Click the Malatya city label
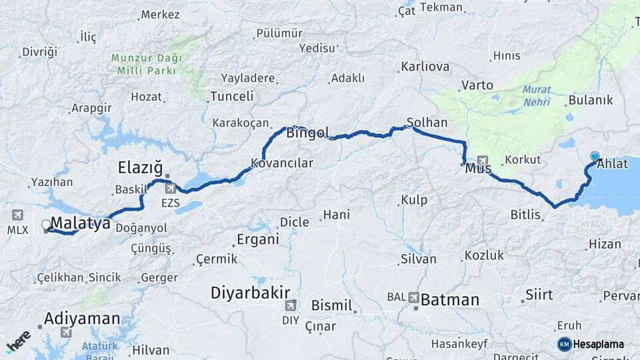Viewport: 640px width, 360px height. (x=80, y=223)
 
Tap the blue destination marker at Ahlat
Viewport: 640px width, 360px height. (x=595, y=157)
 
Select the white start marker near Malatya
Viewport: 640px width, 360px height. (x=46, y=225)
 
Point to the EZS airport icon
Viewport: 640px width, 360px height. (x=171, y=188)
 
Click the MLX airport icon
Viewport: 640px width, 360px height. (x=17, y=215)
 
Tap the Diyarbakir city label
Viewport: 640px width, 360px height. (x=250, y=292)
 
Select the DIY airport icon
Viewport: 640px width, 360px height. (x=290, y=306)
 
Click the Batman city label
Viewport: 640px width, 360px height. (x=449, y=299)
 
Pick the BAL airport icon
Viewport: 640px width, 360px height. (x=413, y=297)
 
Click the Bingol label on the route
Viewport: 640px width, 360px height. (x=307, y=133)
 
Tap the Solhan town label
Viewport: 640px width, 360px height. (x=423, y=123)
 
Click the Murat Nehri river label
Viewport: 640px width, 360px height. (x=537, y=94)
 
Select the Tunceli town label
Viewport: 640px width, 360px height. (x=231, y=96)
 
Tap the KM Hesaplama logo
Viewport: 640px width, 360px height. (x=591, y=344)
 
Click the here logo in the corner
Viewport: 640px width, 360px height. (x=18, y=341)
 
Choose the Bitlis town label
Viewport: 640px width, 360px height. (x=525, y=214)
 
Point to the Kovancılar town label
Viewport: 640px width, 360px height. (x=281, y=163)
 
